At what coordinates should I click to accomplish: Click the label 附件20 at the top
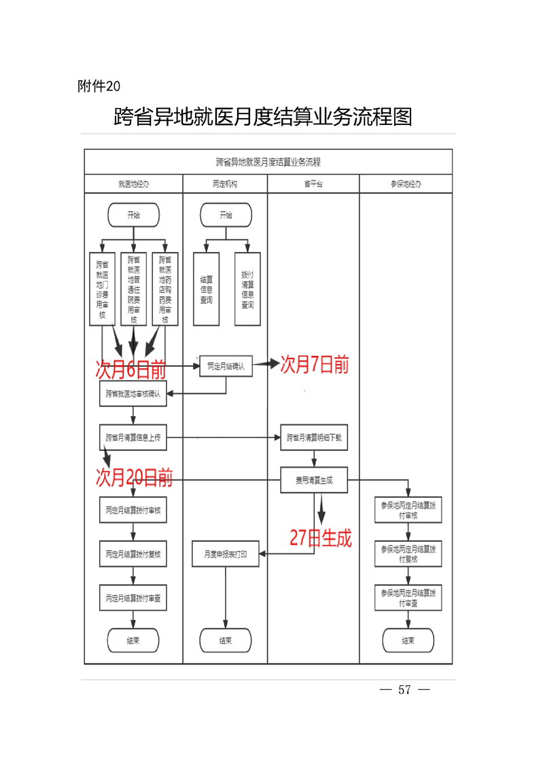[99, 86]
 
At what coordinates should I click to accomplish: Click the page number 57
[405, 690]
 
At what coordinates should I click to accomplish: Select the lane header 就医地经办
[133, 184]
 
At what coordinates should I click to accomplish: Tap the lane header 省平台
[313, 184]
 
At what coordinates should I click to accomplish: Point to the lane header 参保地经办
[406, 184]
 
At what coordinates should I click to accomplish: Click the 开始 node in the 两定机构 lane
[226, 215]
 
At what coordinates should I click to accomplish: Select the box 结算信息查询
[206, 289]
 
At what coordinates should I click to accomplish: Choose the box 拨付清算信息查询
[247, 289]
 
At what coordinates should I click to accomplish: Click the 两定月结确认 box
[226, 366]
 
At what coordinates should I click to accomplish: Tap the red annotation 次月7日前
[314, 365]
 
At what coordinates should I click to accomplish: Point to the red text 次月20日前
[134, 477]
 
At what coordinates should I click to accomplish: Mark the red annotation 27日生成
[321, 539]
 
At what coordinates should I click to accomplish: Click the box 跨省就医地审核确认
[133, 394]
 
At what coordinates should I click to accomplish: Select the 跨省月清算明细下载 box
[314, 438]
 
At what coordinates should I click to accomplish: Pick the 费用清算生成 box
[314, 480]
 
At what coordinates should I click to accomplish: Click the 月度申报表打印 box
[226, 554]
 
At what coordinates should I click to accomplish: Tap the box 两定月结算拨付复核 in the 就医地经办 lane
[133, 554]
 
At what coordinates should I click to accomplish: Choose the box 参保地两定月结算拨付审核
[408, 511]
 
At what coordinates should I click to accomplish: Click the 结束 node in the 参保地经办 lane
[408, 640]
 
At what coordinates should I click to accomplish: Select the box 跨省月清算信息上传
[133, 438]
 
